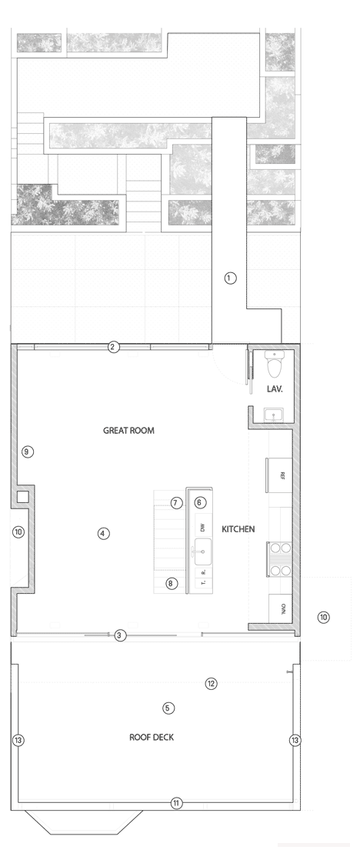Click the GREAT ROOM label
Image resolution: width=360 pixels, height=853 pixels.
(128, 431)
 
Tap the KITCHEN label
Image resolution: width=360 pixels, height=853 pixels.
(238, 529)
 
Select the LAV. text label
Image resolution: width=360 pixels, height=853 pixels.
(275, 389)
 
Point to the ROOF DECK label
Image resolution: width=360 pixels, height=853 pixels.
(151, 737)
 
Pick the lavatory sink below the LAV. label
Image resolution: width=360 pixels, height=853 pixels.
(275, 415)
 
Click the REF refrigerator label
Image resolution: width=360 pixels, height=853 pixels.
(282, 475)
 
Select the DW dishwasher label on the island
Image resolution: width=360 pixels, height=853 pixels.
(203, 528)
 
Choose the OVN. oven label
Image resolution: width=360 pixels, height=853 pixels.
(282, 608)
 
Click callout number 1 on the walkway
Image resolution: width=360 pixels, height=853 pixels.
(229, 278)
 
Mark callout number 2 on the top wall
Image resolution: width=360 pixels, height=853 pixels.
(113, 347)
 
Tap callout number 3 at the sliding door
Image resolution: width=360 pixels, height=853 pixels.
(119, 635)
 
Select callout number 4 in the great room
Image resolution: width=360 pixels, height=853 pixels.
(104, 532)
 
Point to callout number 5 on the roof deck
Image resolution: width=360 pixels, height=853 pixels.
(169, 708)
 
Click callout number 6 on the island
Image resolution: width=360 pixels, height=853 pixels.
(200, 502)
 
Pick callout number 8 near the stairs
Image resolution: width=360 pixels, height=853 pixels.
(172, 583)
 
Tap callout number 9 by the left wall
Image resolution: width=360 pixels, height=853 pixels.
(28, 451)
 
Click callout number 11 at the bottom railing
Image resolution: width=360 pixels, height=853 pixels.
(176, 803)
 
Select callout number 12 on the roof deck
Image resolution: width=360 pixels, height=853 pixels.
(212, 683)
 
